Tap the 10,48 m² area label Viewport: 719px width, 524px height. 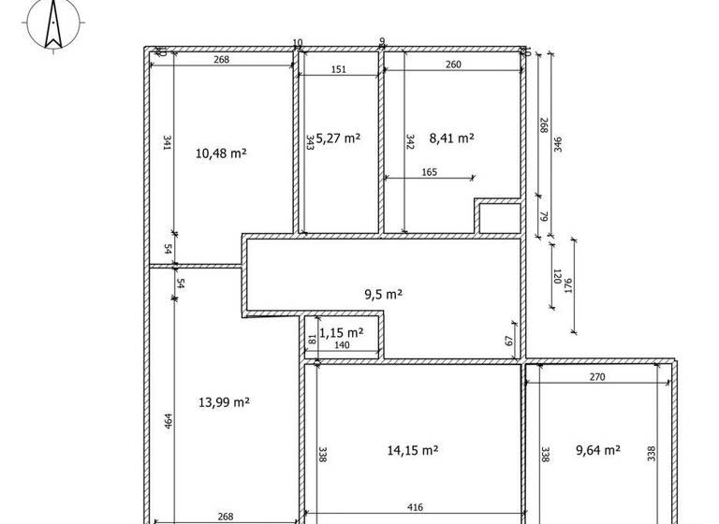221,153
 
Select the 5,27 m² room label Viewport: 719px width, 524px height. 338,138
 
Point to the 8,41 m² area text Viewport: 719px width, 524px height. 451,138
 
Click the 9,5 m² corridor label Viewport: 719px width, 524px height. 383,294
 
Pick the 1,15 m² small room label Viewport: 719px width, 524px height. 341,332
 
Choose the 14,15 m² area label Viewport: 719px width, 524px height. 413,450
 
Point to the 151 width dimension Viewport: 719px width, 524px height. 338,69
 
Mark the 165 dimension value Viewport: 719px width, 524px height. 429,171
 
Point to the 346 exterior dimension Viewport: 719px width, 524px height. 558,145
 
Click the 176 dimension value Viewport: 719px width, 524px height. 568,286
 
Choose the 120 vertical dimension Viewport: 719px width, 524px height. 555,278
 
